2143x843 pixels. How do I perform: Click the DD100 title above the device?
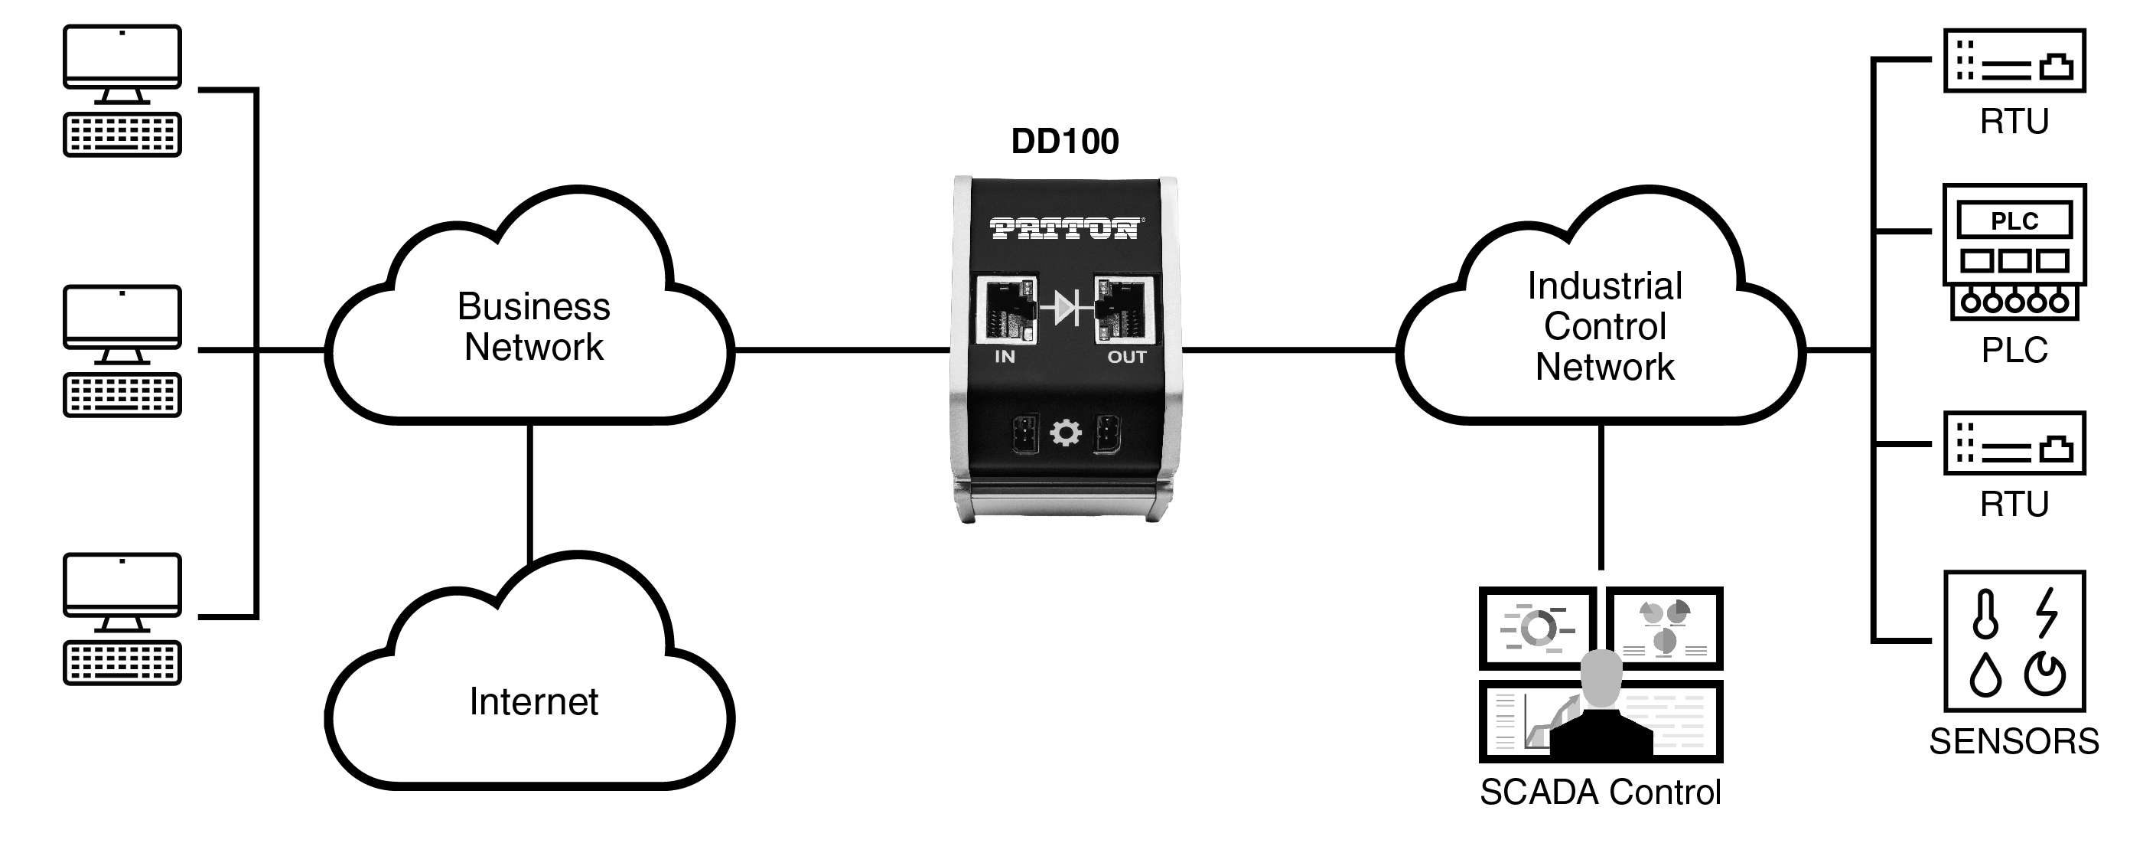[x=1065, y=142]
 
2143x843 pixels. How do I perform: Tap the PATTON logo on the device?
[x=1066, y=228]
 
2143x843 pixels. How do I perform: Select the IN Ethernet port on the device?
[x=1007, y=309]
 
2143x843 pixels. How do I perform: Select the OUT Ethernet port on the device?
[x=1124, y=309]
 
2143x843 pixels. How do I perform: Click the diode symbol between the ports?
[x=1066, y=309]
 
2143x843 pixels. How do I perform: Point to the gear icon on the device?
[x=1066, y=433]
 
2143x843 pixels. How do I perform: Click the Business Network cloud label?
[x=533, y=327]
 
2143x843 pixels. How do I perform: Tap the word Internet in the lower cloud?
[x=533, y=701]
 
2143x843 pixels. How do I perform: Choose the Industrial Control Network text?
[x=1604, y=326]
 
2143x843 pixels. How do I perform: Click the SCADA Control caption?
[x=1600, y=792]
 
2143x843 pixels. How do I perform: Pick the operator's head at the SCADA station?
[x=1601, y=676]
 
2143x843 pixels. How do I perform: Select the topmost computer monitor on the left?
[x=122, y=57]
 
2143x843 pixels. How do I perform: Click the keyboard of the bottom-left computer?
[x=122, y=662]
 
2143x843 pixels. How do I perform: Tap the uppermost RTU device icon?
[x=2013, y=60]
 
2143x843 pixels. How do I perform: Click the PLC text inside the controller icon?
[x=2013, y=221]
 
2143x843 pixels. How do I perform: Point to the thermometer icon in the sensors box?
[x=1985, y=614]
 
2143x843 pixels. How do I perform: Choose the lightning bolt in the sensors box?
[x=2046, y=613]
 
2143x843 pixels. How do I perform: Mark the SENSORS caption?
[x=2013, y=741]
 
